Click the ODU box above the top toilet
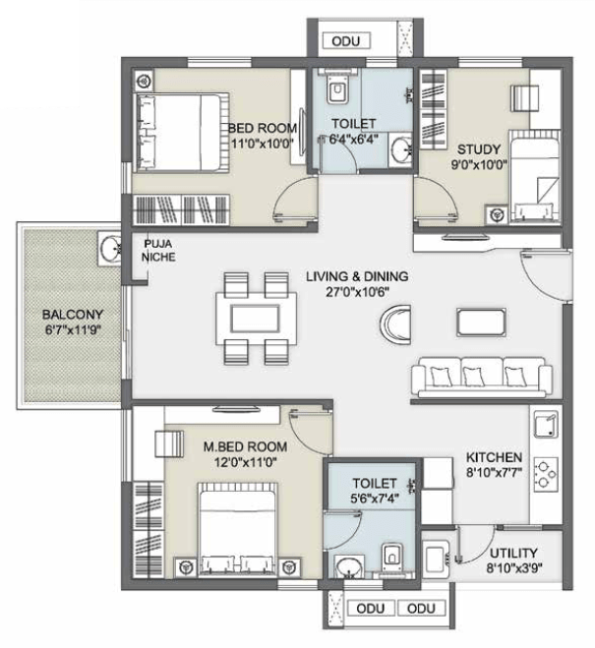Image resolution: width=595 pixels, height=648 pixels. [x=345, y=41]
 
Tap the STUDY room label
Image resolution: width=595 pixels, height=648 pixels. [x=479, y=149]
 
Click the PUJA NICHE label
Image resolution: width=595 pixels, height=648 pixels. [x=158, y=251]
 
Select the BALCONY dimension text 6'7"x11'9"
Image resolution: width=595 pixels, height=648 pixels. [x=73, y=330]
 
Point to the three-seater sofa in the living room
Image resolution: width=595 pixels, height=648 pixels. [x=482, y=377]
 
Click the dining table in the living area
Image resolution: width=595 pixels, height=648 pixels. [x=256, y=319]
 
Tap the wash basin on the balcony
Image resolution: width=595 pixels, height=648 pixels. [x=109, y=249]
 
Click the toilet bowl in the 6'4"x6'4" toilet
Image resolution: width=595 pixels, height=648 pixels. [x=337, y=89]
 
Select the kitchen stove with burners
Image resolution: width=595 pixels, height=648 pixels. [x=546, y=474]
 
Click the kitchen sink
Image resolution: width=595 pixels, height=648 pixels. [x=546, y=425]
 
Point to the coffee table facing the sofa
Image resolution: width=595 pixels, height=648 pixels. [x=481, y=322]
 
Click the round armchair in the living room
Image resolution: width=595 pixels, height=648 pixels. [x=395, y=324]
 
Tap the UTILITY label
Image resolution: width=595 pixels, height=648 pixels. [x=513, y=553]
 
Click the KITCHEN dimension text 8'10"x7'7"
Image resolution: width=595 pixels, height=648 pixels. [x=494, y=473]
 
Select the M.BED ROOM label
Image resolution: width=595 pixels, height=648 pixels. [x=246, y=446]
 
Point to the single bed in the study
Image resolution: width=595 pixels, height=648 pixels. [x=535, y=177]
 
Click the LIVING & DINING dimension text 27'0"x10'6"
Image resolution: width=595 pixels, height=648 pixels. [x=357, y=292]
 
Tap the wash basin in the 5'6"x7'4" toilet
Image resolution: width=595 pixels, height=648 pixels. [x=349, y=567]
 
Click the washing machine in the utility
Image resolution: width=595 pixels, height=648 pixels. [x=436, y=559]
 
